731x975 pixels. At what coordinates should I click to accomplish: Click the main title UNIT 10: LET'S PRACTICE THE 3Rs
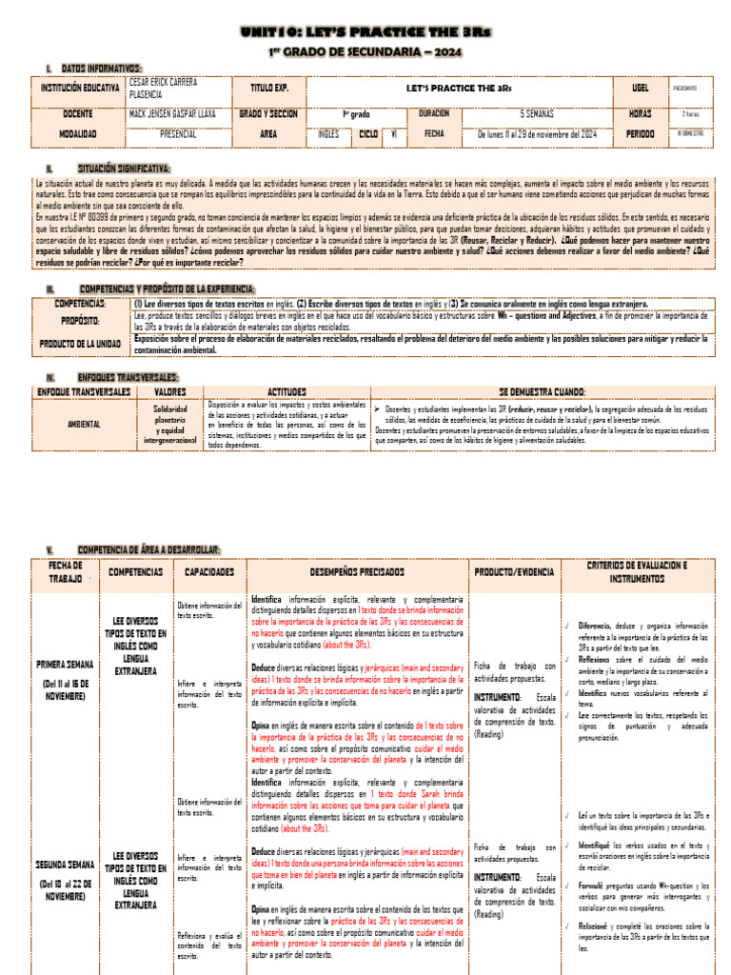click(365, 31)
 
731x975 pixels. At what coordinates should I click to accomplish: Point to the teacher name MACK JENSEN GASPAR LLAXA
click(172, 113)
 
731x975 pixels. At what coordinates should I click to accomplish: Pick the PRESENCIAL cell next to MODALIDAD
click(178, 134)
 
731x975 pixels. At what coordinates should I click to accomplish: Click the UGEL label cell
click(640, 88)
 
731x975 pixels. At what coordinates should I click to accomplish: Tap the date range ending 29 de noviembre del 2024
click(537, 134)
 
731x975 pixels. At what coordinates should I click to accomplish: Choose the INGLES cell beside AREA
click(328, 134)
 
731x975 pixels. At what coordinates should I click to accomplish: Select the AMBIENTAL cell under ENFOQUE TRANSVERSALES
click(84, 424)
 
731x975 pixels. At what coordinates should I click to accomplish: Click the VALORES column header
click(169, 391)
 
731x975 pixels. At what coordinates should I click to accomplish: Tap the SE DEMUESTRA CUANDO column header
click(543, 391)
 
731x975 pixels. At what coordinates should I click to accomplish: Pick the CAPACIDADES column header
click(209, 571)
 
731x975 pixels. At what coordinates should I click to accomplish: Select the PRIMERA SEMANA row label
click(65, 663)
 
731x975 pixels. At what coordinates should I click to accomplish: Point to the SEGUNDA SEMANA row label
click(65, 865)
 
